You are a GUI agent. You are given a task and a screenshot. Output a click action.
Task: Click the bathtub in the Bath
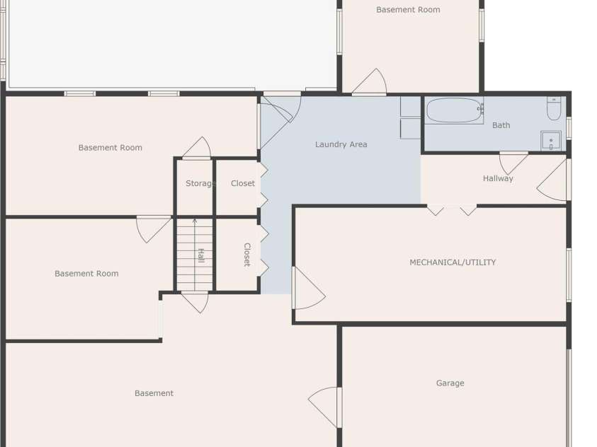[x=454, y=110]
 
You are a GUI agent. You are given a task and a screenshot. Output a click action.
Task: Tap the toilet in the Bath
[x=554, y=109]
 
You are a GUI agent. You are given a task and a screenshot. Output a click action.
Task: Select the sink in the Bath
[x=550, y=141]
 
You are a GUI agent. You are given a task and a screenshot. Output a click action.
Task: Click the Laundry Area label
[x=341, y=144]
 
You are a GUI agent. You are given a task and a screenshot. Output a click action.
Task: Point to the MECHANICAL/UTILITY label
[x=453, y=262]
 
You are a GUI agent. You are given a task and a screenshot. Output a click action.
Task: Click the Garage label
[x=450, y=383]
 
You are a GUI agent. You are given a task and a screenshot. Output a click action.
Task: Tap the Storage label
[x=200, y=183]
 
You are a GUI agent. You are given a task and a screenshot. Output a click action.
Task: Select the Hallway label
[x=498, y=178]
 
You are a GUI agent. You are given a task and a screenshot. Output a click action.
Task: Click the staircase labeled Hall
[x=194, y=255]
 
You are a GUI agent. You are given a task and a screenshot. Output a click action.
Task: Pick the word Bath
[x=501, y=125]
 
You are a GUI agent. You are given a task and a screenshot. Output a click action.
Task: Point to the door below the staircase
[x=196, y=301]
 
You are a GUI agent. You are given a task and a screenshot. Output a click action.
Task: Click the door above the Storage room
[x=198, y=149]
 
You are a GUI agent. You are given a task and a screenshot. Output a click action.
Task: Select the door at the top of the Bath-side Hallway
[x=513, y=162]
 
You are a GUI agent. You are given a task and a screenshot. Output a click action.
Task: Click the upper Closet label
[x=243, y=183]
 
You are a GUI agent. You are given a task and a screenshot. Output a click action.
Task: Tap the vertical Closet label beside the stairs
[x=247, y=255]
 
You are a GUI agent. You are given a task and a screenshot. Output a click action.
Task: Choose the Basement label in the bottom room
[x=154, y=393]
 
